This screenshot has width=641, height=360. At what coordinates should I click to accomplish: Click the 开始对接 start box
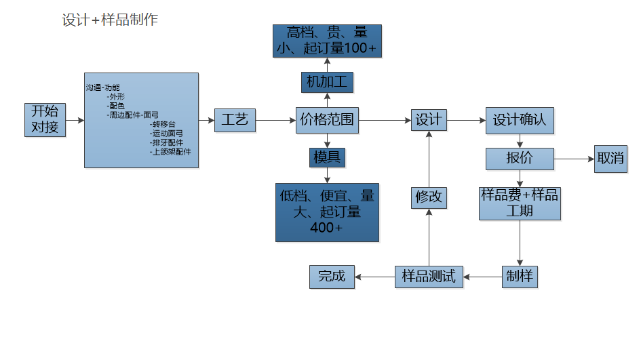(45, 120)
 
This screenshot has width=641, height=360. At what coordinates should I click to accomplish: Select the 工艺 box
(235, 121)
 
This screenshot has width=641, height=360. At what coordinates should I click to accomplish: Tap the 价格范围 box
(327, 121)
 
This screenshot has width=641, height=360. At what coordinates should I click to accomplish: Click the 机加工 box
(327, 83)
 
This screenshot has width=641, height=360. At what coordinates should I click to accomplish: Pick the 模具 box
(327, 158)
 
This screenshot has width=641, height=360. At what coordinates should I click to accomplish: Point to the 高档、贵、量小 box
(327, 41)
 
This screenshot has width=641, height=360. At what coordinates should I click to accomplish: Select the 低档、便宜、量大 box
(327, 212)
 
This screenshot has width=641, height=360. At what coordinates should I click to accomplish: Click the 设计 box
(429, 121)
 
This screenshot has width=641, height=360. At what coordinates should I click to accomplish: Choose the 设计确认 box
(520, 121)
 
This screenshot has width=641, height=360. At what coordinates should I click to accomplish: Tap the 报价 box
(520, 159)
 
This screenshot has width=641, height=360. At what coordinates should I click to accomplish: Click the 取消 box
(610, 159)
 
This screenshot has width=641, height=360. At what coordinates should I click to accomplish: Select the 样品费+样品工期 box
(520, 203)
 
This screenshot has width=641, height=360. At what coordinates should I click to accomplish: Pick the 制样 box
(520, 277)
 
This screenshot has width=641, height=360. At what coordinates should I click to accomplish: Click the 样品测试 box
(429, 277)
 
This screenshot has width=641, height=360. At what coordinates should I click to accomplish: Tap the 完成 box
(332, 277)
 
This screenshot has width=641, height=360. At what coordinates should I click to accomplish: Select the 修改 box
(429, 197)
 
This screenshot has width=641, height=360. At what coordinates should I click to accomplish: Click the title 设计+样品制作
(110, 20)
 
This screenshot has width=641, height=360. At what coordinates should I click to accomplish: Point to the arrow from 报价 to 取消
(574, 159)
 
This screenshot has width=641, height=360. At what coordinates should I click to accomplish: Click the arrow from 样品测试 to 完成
(375, 277)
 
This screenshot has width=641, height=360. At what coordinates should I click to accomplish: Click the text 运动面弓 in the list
(167, 134)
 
